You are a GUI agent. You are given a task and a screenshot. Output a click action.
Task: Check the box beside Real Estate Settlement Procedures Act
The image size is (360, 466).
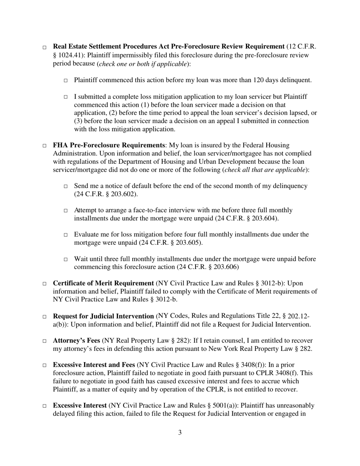[44, 48]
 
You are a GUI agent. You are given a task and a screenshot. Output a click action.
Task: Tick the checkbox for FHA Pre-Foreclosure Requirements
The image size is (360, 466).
[44, 146]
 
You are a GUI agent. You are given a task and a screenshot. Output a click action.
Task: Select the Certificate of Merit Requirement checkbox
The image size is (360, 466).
[44, 284]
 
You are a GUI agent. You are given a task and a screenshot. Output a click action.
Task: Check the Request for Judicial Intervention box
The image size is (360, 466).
[44, 316]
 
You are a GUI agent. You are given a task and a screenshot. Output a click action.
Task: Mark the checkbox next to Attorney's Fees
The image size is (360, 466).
[44, 341]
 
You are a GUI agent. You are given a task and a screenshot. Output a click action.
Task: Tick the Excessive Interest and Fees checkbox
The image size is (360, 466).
[44, 366]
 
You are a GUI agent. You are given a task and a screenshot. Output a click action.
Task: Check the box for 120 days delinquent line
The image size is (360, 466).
[66, 81]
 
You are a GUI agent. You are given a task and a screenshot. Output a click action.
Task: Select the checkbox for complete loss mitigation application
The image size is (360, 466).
[66, 97]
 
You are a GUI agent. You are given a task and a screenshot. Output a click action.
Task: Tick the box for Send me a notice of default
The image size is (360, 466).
[66, 187]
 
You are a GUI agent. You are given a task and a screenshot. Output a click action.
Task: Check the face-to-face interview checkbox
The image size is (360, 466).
[66, 211]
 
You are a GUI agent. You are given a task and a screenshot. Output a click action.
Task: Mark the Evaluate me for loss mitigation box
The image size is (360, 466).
[66, 235]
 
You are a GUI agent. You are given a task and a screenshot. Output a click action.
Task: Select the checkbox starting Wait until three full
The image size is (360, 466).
[66, 260]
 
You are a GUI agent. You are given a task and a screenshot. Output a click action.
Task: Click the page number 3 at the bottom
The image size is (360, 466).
[180, 432]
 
